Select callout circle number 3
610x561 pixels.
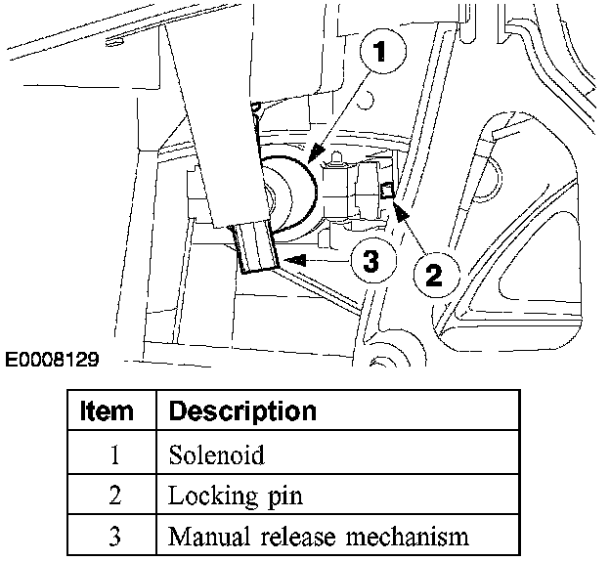click(370, 261)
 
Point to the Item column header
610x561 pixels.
click(107, 410)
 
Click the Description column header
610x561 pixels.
click(242, 410)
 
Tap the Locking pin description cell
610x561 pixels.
click(235, 496)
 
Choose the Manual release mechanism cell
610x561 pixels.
click(319, 537)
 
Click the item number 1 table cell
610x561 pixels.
click(114, 455)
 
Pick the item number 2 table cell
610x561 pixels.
click(114, 496)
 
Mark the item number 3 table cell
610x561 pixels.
click(114, 537)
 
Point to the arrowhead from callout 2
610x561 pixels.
click(398, 204)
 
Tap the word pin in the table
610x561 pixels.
click(284, 496)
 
